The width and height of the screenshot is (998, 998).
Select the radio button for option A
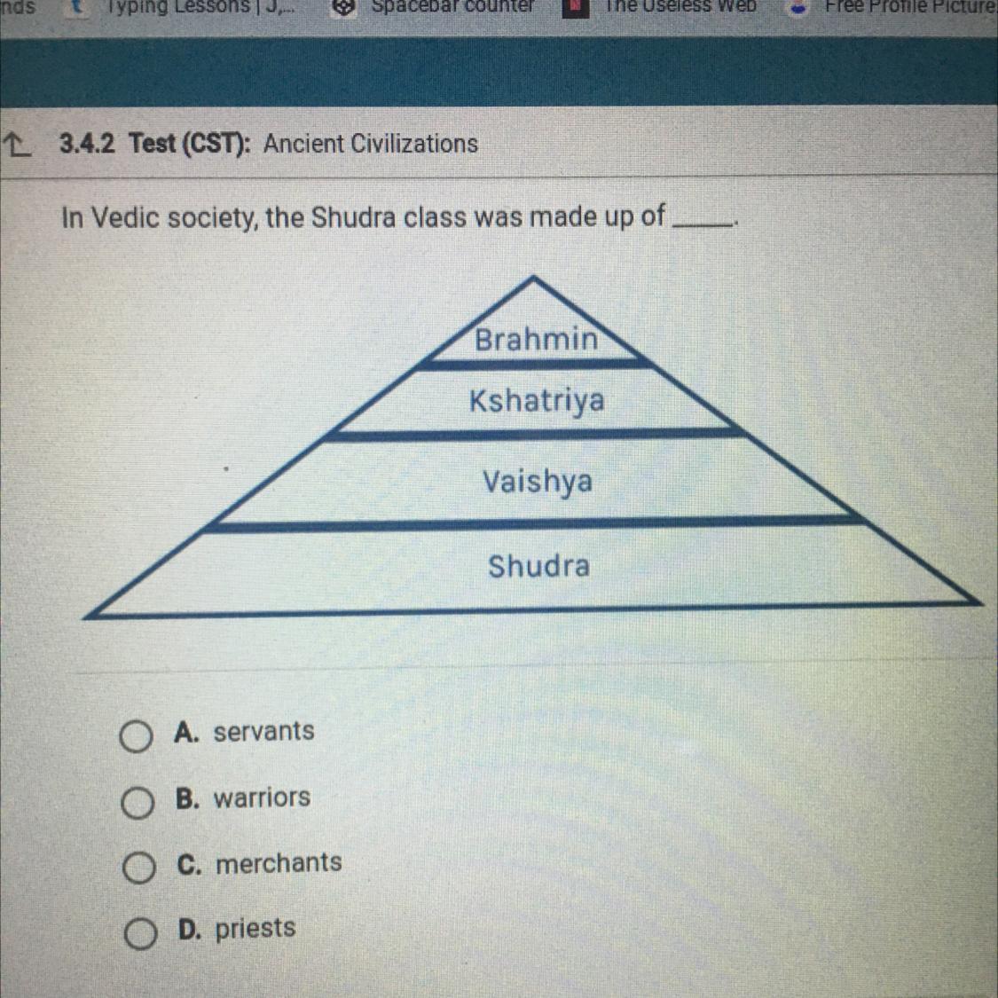[x=136, y=736]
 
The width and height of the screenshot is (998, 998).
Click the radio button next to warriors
[x=138, y=803]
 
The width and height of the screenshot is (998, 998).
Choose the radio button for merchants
[x=138, y=868]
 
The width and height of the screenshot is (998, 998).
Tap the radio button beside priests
[x=140, y=933]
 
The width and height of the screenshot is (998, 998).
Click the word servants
[x=263, y=731]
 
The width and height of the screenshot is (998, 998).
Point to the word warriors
[x=262, y=798]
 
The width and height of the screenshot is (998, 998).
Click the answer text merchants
[x=279, y=862]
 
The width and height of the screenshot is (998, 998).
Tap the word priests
[x=255, y=929]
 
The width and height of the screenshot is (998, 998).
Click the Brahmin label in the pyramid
[x=536, y=339]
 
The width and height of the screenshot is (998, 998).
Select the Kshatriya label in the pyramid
[x=537, y=401]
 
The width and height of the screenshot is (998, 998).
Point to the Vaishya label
[x=537, y=482]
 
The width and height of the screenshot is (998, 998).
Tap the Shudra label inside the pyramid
[x=538, y=566]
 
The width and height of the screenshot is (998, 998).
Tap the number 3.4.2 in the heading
[x=87, y=143]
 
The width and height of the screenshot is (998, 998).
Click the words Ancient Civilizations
[x=370, y=143]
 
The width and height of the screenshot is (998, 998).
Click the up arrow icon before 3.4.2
[x=17, y=143]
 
